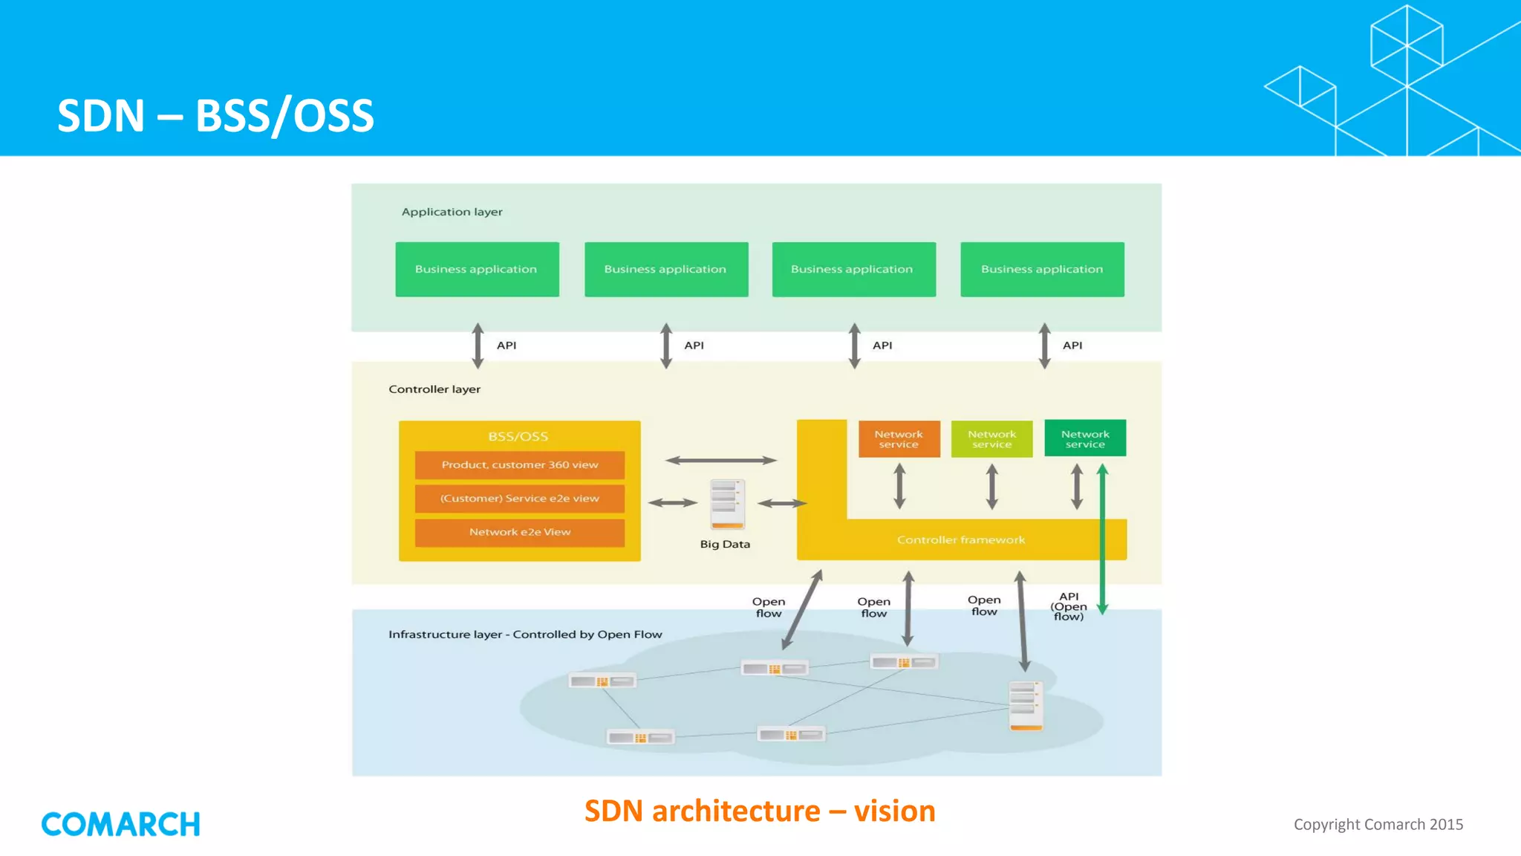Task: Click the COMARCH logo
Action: pyautogui.click(x=120, y=824)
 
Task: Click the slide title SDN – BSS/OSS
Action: pyautogui.click(x=215, y=116)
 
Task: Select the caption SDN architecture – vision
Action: pyautogui.click(x=759, y=811)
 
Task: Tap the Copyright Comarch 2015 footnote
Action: pyautogui.click(x=1378, y=824)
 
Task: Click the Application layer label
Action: pyautogui.click(x=452, y=212)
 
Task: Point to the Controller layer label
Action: pyautogui.click(x=434, y=389)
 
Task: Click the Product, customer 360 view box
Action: pyautogui.click(x=519, y=465)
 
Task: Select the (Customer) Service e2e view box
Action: pyautogui.click(x=519, y=499)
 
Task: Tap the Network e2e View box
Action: pyautogui.click(x=519, y=532)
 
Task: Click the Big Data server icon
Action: pyautogui.click(x=726, y=504)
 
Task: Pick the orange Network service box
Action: pyautogui.click(x=899, y=439)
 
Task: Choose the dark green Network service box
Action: pyautogui.click(x=1084, y=439)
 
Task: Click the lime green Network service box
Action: pyautogui.click(x=991, y=439)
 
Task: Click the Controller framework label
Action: pyautogui.click(x=960, y=540)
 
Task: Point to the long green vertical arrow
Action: pyautogui.click(x=1102, y=539)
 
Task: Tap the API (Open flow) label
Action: pyautogui.click(x=1068, y=606)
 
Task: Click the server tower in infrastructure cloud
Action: pyautogui.click(x=1026, y=705)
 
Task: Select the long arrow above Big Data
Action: pyautogui.click(x=720, y=461)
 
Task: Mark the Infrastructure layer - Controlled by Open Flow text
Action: pyautogui.click(x=525, y=635)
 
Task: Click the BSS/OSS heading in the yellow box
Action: pyautogui.click(x=518, y=437)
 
